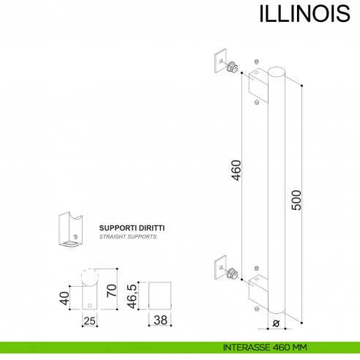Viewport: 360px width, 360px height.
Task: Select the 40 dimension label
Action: pos(64,298)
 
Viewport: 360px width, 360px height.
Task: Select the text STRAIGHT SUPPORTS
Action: pos(127,237)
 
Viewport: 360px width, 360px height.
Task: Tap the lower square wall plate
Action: pos(220,269)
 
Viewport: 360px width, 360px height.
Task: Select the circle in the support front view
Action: pos(89,277)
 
